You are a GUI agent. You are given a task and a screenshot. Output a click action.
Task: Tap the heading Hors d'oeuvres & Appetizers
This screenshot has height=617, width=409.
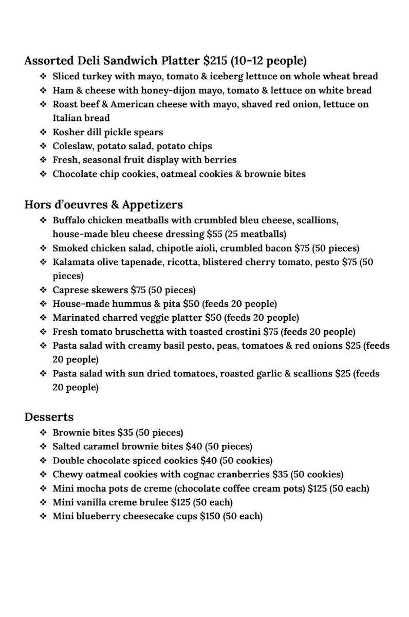coord(103,205)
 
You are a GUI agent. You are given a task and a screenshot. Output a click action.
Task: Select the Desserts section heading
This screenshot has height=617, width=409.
coord(49,417)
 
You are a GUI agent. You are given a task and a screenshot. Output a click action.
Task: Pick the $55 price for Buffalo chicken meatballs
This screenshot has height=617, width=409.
coord(215,234)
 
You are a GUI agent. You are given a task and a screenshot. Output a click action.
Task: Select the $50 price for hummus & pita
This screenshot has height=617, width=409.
coord(191,304)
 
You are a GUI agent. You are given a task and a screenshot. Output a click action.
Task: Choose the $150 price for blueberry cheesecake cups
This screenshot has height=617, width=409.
coord(210,516)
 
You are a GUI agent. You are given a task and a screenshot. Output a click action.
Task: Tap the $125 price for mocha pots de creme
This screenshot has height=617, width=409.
coord(317,488)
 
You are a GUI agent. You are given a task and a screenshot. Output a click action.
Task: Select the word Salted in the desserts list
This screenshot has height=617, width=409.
coord(68,447)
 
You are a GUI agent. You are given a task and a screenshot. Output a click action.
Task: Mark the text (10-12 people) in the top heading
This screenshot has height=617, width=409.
coord(268,61)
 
